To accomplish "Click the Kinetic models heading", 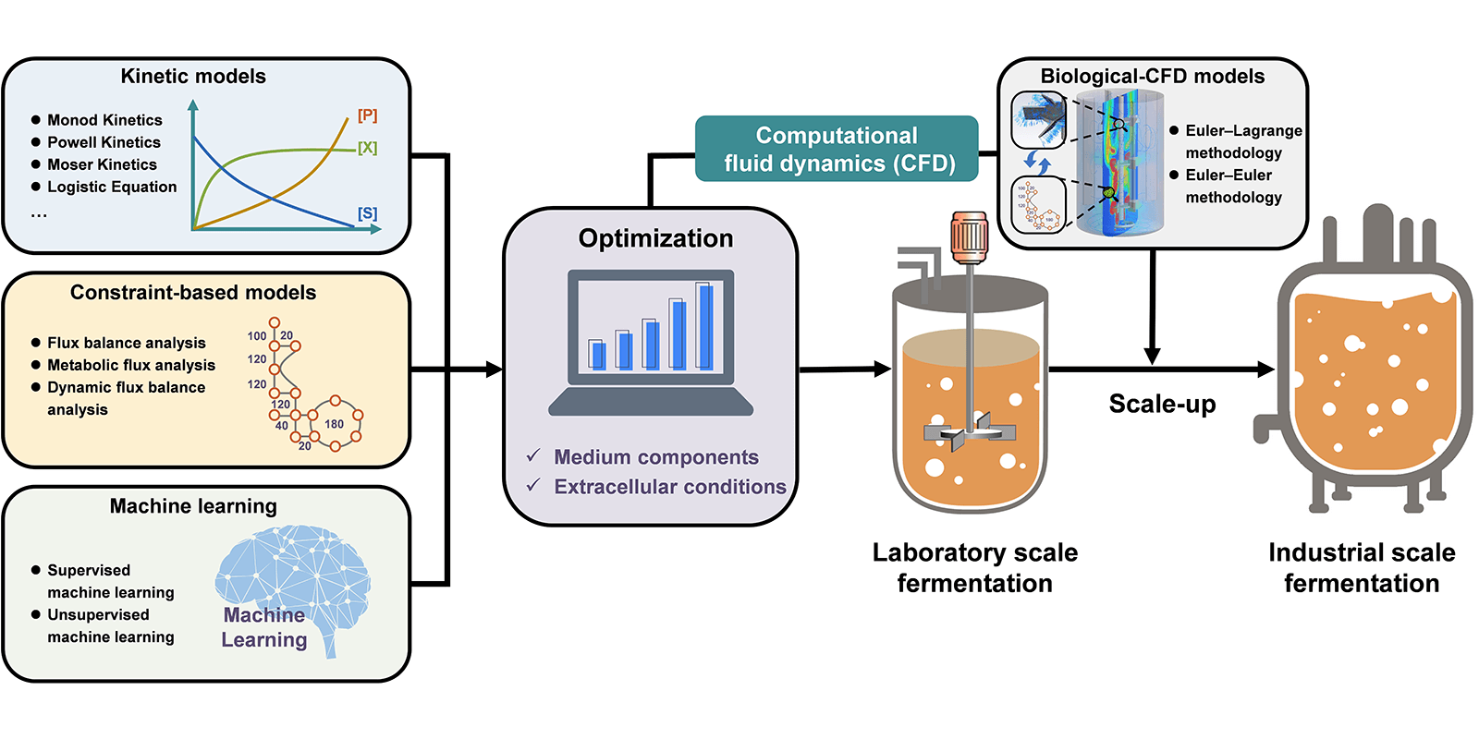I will [193, 77].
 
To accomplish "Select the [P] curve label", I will [367, 115].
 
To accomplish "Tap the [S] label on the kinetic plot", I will [367, 213].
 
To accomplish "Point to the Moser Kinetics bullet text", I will [102, 164].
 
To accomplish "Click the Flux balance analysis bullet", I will [126, 343].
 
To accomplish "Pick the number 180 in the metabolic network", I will [334, 424].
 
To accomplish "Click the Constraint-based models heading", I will [193, 293].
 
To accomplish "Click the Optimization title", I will [655, 238].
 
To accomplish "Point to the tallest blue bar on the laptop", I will [705, 327].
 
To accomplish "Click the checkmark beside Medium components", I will [533, 456].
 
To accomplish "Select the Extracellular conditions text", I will [669, 487].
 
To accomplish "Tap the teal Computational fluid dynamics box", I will [837, 149].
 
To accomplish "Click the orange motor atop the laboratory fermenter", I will [970, 236].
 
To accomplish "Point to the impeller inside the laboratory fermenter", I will [970, 432].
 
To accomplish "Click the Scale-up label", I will [1162, 404].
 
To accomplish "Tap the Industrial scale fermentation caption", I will [1362, 567].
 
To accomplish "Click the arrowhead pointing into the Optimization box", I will [494, 369].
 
